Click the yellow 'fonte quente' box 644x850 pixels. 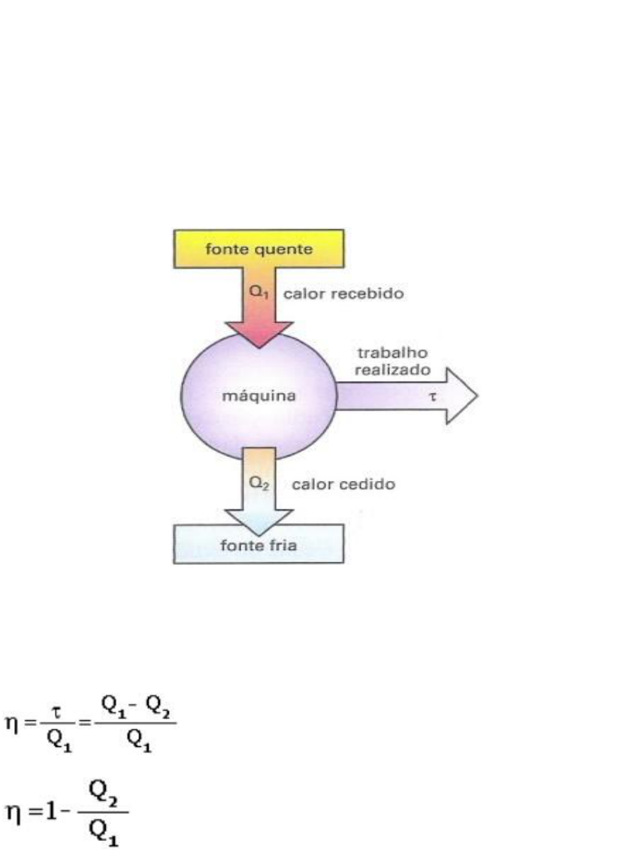click(259, 249)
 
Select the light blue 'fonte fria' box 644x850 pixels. click(259, 544)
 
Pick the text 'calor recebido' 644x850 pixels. click(343, 295)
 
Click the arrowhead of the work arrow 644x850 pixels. click(460, 395)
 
